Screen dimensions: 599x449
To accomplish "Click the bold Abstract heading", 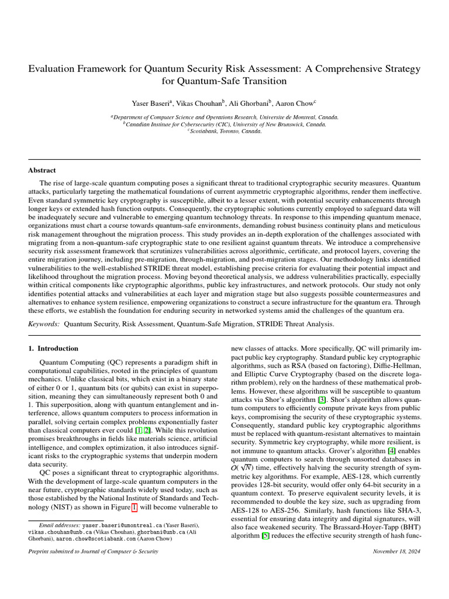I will pos(42,170).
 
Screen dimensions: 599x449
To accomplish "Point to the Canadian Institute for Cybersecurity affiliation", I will pos(224,124).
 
